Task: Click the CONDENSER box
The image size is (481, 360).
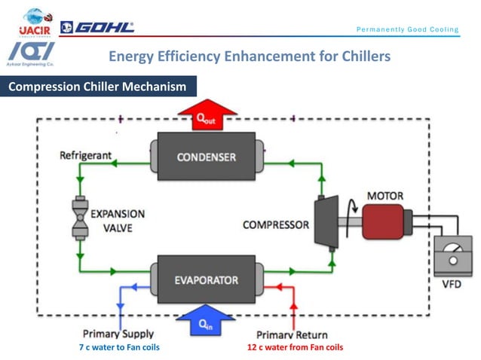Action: [x=206, y=157]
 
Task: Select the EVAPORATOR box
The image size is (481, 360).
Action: [x=206, y=280]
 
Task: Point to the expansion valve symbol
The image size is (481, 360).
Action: [x=79, y=218]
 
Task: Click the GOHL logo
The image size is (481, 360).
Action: [x=97, y=28]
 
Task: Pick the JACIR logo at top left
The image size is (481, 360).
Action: [x=32, y=23]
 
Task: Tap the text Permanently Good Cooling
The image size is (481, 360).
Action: [x=407, y=30]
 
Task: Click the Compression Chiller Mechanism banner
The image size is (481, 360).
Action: [x=98, y=87]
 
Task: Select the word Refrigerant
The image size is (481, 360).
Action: [x=86, y=156]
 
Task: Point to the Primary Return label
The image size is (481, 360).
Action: [x=290, y=334]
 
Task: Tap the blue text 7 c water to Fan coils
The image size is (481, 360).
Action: [x=119, y=347]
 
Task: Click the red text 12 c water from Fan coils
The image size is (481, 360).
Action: [x=295, y=347]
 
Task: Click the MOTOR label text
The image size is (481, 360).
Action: [x=384, y=197]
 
